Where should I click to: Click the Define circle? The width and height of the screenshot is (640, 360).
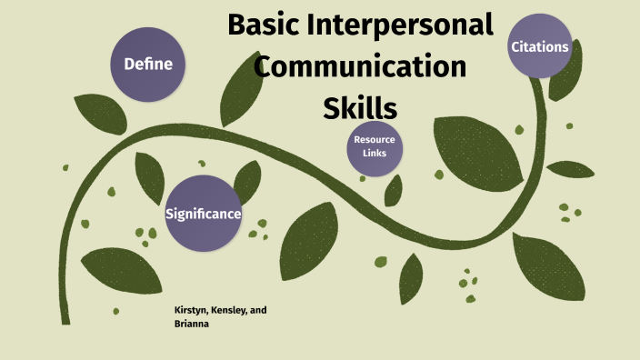(x=147, y=64)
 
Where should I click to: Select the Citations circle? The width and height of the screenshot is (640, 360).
(x=540, y=46)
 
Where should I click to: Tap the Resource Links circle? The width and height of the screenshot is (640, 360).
(x=375, y=147)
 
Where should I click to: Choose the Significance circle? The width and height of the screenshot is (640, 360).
(x=203, y=214)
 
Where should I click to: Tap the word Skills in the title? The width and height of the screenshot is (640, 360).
(x=360, y=107)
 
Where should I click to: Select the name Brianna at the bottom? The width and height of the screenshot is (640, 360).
(x=192, y=323)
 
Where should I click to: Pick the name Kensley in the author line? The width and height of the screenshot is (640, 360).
(x=232, y=310)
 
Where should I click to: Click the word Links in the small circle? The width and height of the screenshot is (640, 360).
(x=375, y=154)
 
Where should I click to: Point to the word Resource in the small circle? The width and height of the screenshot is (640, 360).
(x=375, y=140)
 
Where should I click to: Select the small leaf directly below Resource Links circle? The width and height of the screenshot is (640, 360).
(x=394, y=189)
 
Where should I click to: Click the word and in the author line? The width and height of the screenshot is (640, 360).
(x=259, y=310)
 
